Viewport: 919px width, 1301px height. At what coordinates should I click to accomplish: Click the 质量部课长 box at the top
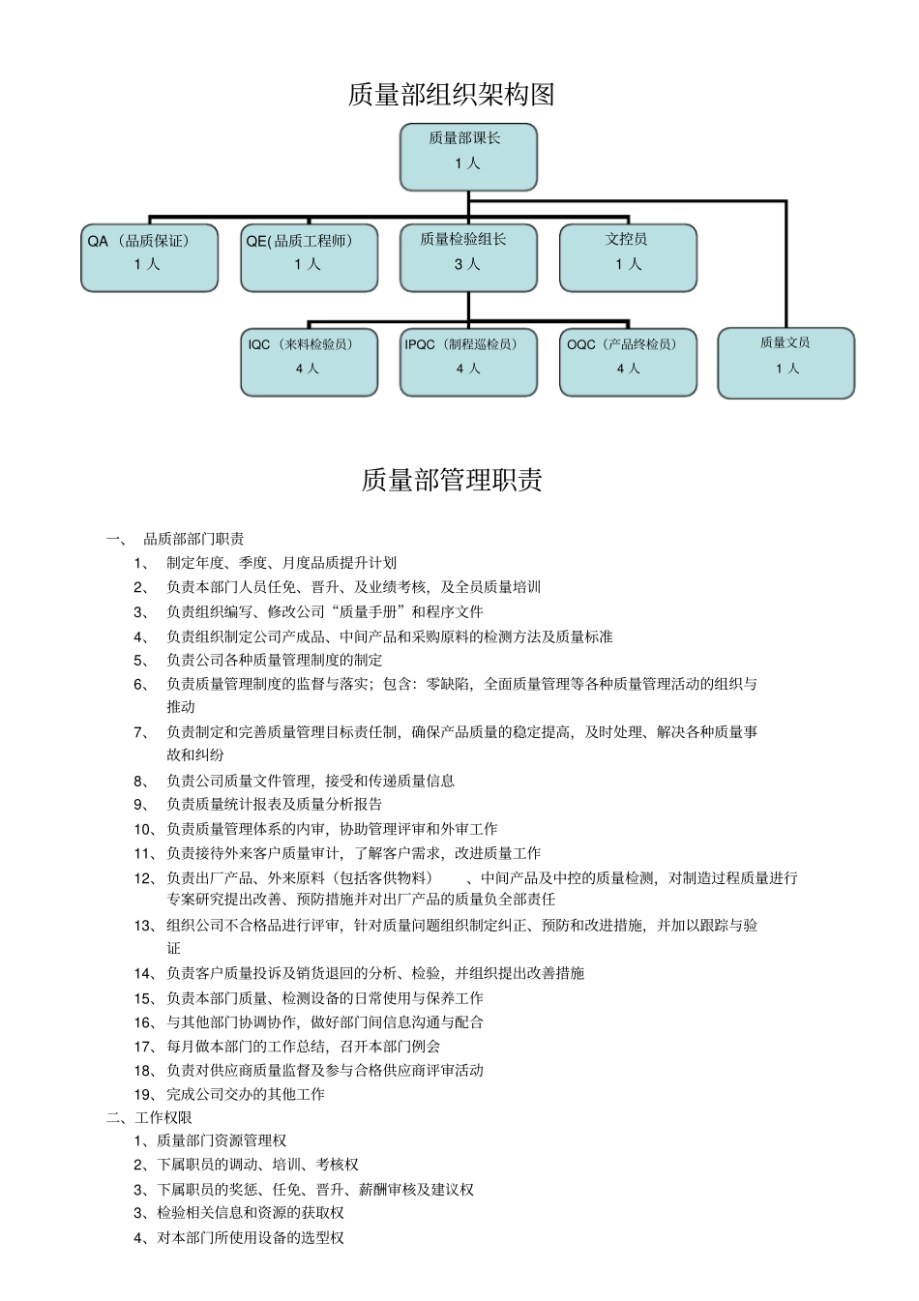coord(468,157)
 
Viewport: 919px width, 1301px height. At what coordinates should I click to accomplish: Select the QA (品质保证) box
coord(149,257)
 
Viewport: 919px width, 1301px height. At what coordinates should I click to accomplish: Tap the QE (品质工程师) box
coord(309,257)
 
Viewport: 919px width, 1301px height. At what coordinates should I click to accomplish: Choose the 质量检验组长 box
coord(468,257)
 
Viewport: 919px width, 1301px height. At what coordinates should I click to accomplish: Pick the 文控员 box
coord(628,257)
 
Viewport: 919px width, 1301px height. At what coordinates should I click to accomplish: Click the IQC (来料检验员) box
coord(309,362)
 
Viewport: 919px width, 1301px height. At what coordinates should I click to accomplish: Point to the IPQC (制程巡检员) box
coord(468,362)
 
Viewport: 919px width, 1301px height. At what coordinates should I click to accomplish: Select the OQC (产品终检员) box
coord(628,362)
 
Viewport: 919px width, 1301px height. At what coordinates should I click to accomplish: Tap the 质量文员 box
coord(786,363)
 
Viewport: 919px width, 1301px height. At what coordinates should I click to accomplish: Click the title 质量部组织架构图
coord(451,95)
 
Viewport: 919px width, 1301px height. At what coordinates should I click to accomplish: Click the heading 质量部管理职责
coord(452,480)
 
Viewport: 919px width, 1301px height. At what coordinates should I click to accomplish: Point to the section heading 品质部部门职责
coord(193,539)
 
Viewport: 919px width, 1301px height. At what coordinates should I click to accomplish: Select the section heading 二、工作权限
coord(149,1117)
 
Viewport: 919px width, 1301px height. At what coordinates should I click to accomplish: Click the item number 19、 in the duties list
coord(145,1094)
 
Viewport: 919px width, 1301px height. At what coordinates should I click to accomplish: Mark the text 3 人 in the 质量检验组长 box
coord(467,264)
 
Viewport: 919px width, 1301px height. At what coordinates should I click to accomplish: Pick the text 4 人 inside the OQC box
coord(628,369)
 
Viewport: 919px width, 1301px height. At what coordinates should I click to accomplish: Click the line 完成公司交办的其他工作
coord(246,1094)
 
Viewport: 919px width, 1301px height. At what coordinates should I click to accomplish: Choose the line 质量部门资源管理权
coord(222,1141)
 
